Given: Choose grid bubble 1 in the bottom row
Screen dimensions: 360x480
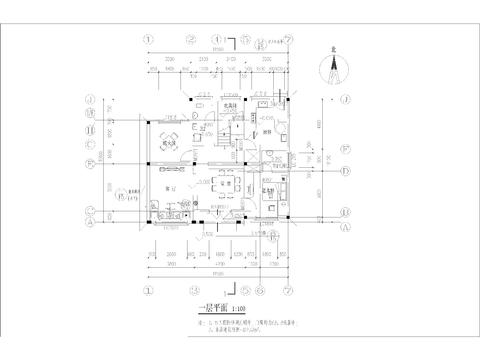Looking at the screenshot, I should click(x=149, y=290).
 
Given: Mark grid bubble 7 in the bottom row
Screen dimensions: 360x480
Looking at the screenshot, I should click(x=287, y=290).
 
